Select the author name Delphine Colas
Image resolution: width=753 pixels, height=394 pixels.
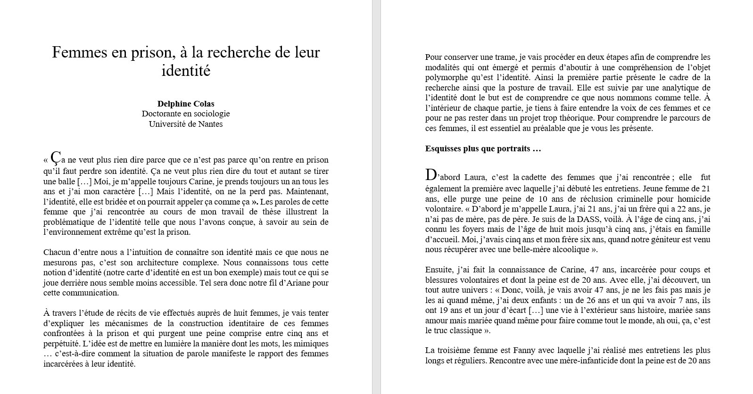pyautogui.click(x=186, y=104)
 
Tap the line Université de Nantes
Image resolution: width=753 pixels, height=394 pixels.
pyautogui.click(x=186, y=124)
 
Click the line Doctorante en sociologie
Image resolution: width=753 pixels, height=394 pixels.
pyautogui.click(x=186, y=114)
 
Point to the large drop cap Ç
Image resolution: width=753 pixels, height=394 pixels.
pyautogui.click(x=56, y=157)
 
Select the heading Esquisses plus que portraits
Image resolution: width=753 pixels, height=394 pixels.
pyautogui.click(x=483, y=149)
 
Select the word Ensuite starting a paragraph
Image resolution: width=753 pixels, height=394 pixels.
pyautogui.click(x=439, y=270)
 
